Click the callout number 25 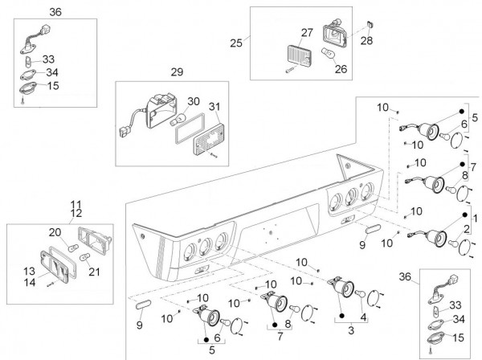point(235,42)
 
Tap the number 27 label point(306,33)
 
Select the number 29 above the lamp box point(177,72)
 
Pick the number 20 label point(55,231)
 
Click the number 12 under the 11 point(76,213)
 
